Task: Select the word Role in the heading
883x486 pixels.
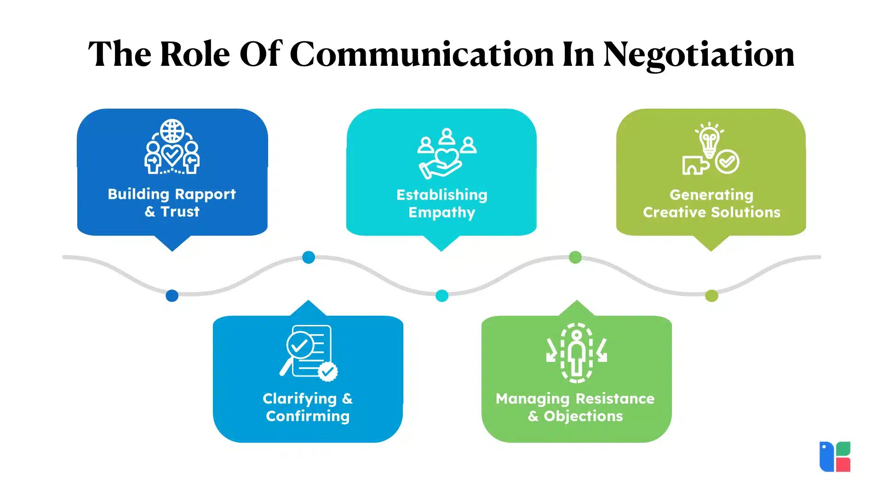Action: point(195,54)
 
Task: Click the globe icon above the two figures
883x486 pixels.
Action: point(172,131)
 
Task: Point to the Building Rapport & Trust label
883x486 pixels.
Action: point(172,203)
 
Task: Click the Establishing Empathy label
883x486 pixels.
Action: point(441,203)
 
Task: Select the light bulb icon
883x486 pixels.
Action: point(709,139)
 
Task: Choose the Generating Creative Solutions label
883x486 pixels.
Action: point(711,203)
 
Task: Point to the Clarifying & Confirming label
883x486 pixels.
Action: point(308,407)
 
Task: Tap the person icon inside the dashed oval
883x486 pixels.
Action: point(577,353)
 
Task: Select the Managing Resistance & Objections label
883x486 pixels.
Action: point(575,407)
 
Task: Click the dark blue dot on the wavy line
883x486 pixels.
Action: point(172,295)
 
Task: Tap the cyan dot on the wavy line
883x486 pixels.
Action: point(442,295)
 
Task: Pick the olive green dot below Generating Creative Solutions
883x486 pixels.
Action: point(711,295)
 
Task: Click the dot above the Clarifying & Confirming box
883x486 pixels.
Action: point(309,257)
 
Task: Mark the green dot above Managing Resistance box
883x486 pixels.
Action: point(575,257)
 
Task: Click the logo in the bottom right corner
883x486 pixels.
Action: point(835,457)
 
